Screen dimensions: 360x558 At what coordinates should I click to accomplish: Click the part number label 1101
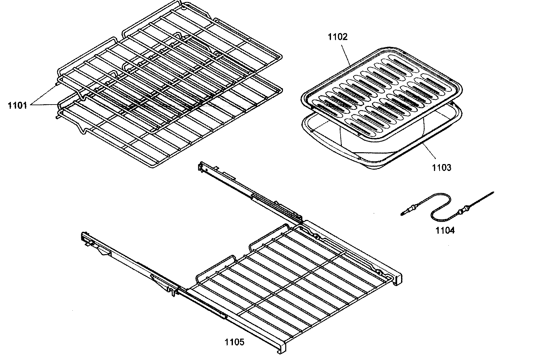click(17, 106)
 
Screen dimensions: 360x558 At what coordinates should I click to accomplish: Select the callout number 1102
click(337, 37)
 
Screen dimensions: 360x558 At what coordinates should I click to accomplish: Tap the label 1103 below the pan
click(442, 168)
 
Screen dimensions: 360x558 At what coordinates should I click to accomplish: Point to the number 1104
click(445, 230)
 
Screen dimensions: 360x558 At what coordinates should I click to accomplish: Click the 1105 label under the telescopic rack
click(234, 343)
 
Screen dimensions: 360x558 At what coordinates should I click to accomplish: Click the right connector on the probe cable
click(463, 208)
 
